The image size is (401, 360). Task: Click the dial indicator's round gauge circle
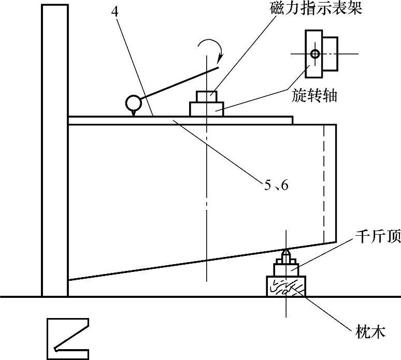click(x=133, y=103)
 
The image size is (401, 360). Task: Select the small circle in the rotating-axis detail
click(x=314, y=53)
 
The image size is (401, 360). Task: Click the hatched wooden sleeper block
click(x=285, y=286)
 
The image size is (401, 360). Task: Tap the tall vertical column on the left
click(x=54, y=150)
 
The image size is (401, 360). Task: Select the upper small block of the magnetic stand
click(x=206, y=97)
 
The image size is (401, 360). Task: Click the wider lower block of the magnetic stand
click(x=206, y=109)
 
